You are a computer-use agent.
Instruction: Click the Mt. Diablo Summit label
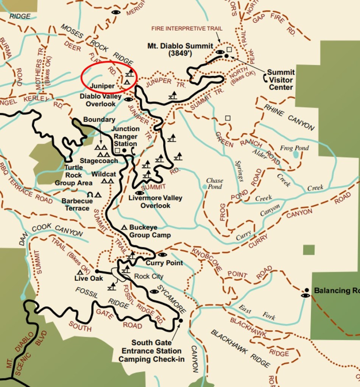point(180,50)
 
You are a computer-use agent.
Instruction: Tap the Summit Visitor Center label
point(281,80)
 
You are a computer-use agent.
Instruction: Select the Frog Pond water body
point(295,154)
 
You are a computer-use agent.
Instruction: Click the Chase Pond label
point(214,183)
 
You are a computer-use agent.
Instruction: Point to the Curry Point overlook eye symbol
point(162,255)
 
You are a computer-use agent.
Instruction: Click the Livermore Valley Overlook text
point(155,202)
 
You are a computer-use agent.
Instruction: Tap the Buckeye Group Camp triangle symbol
point(124,228)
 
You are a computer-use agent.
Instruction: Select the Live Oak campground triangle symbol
point(80,272)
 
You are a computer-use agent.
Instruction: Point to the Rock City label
point(149,276)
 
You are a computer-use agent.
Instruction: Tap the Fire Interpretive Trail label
point(187,28)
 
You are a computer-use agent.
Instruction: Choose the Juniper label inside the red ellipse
point(102,86)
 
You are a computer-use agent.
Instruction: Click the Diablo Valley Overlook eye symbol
point(128,99)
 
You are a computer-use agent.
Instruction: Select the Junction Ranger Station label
point(125,136)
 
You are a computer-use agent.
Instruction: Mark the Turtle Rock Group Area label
point(73,175)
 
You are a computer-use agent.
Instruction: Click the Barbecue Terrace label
point(77,205)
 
